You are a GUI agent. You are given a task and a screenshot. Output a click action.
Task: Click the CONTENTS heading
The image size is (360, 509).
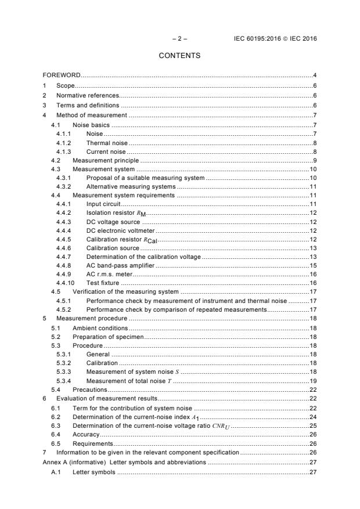click(x=179, y=56)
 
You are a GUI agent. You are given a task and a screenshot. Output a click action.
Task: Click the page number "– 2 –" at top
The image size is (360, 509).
click(x=179, y=39)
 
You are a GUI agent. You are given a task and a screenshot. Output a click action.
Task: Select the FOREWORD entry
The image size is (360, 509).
click(x=62, y=75)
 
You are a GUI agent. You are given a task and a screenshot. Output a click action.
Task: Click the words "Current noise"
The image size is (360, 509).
click(x=105, y=151)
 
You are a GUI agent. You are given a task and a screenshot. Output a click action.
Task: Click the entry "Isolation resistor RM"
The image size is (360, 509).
click(x=113, y=213)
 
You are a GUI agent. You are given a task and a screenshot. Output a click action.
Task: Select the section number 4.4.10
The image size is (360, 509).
click(x=65, y=283)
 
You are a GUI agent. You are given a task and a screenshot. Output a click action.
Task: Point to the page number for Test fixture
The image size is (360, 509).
click(x=312, y=283)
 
